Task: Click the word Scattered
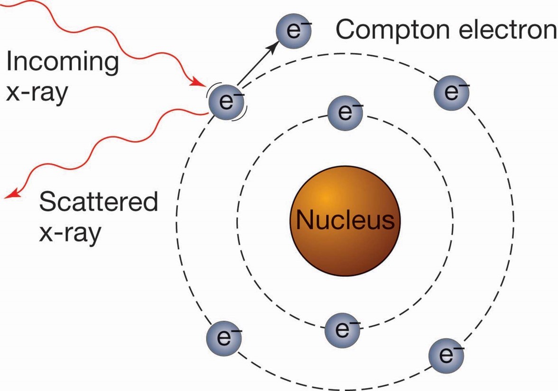(x=99, y=203)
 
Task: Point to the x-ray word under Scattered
(x=70, y=233)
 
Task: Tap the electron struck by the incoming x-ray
(x=226, y=101)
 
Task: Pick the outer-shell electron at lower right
(x=446, y=355)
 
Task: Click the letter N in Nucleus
(x=305, y=220)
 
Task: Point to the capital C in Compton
(x=346, y=29)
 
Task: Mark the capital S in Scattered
(x=47, y=203)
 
